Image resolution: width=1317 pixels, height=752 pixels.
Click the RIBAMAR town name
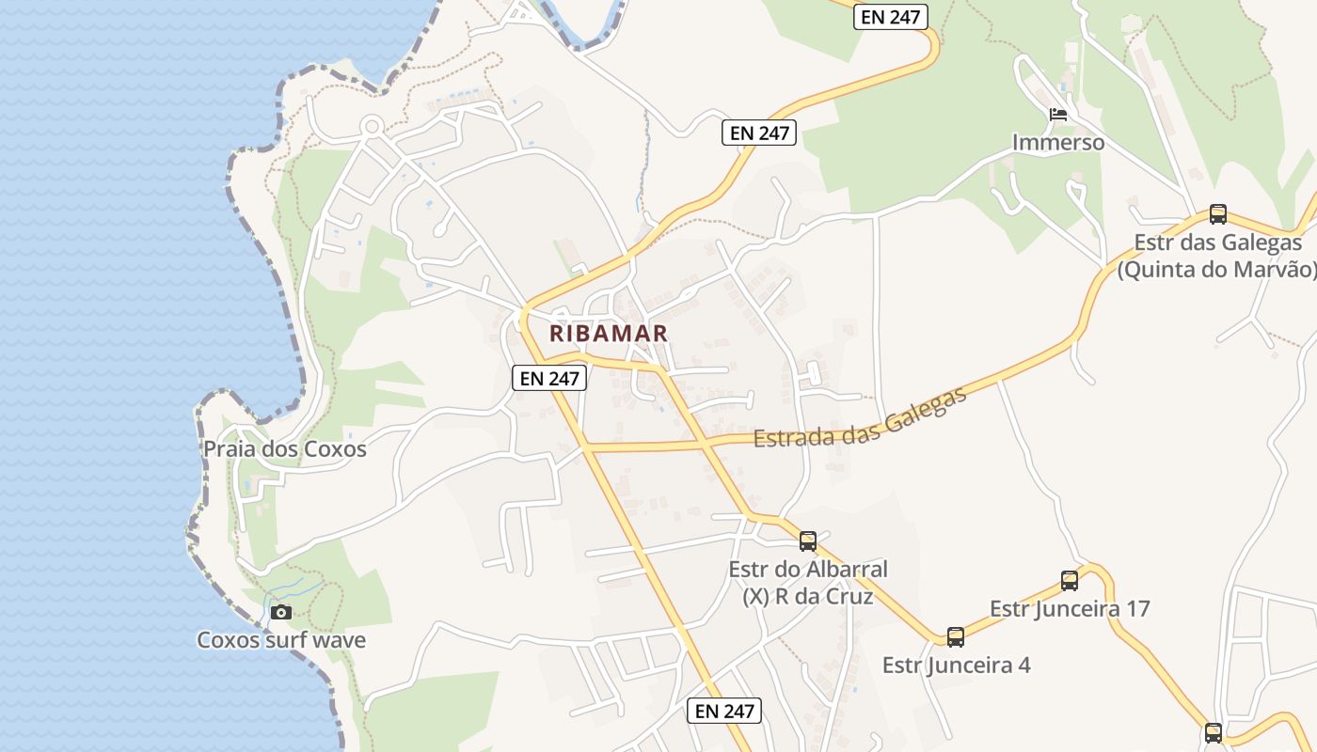tap(609, 333)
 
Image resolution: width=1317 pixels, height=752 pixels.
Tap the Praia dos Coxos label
tap(285, 449)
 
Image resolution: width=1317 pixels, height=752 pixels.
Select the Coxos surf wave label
tap(281, 640)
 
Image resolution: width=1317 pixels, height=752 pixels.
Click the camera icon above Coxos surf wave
tap(280, 613)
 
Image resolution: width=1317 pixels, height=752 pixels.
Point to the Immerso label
tap(1058, 143)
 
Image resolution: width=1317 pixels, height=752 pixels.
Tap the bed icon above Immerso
tap(1058, 116)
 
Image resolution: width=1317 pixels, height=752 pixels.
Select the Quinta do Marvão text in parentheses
tap(1217, 269)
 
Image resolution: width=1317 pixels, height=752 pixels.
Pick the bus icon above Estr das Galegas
tap(1218, 213)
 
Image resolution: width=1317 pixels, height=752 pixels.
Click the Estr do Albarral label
tap(808, 570)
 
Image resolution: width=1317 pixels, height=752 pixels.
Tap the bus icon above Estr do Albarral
tap(808, 540)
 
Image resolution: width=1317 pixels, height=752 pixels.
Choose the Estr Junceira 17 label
tap(1070, 608)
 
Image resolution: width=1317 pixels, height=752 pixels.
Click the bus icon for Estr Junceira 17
tap(1070, 580)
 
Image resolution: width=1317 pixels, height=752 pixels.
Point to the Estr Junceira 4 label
tap(956, 666)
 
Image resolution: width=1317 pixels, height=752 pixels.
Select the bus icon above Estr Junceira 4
tap(956, 636)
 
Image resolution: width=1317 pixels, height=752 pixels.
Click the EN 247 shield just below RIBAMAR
tap(550, 378)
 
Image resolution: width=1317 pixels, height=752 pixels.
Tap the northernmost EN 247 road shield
tap(891, 16)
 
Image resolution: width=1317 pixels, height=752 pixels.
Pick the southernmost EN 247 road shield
tap(724, 711)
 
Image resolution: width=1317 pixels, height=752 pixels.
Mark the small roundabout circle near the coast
tap(372, 125)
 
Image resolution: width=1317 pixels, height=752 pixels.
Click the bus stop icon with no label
tap(1214, 731)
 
